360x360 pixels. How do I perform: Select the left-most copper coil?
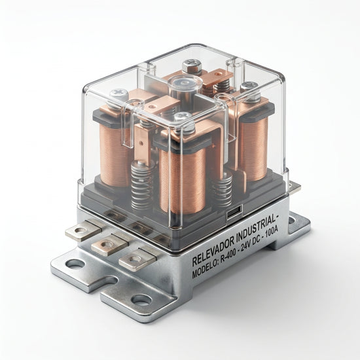point(115,154)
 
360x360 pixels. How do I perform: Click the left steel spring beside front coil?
point(142,184)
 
